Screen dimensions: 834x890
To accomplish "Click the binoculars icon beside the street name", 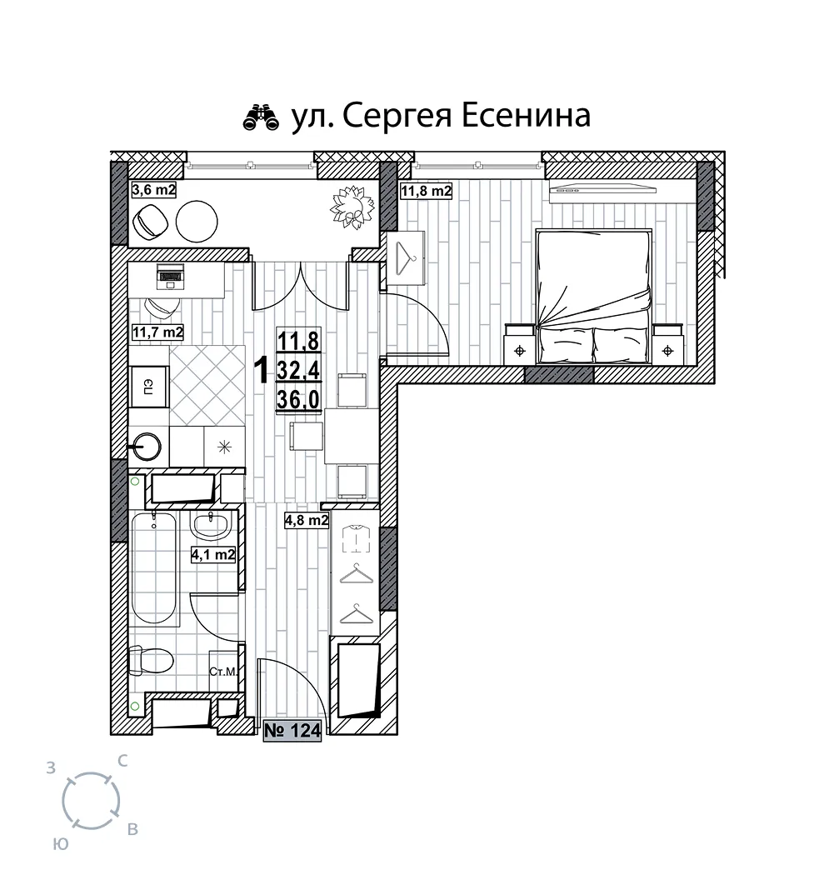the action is [261, 117].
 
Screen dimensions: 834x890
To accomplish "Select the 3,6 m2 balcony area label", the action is [154, 189].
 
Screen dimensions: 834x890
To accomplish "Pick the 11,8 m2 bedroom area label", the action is [426, 191].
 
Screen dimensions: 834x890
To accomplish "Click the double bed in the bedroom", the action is [593, 296].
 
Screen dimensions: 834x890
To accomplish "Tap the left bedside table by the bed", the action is [520, 344].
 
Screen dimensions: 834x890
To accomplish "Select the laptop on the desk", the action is [170, 277].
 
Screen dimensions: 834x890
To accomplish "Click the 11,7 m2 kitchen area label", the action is [157, 332].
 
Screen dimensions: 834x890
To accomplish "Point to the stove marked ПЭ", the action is [149, 387].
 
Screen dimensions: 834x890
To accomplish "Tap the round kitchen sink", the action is [149, 446].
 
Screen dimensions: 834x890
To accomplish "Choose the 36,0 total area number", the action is [298, 400].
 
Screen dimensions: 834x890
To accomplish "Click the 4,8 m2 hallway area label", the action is [307, 521].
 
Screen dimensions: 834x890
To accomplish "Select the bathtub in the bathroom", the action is [154, 568].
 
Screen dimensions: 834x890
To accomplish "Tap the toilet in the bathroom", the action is [150, 661].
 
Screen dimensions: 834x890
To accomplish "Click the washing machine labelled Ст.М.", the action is [223, 672].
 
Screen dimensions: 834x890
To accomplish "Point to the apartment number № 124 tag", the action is [292, 731].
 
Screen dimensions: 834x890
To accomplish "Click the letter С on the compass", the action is [122, 761].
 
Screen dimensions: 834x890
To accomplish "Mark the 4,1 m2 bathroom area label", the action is [213, 554].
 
